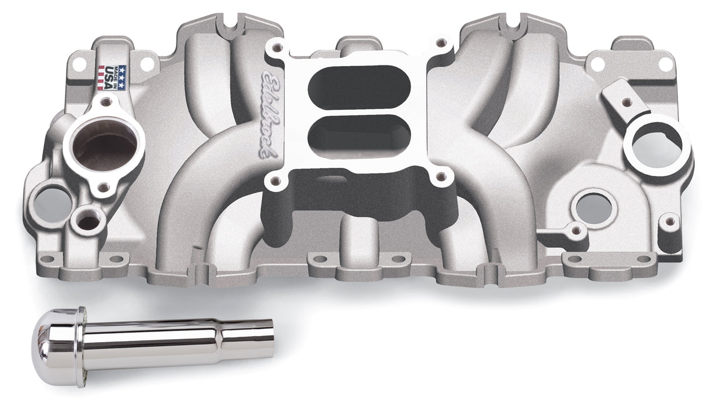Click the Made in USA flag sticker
point(110,76)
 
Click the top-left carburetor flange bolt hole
point(278,45)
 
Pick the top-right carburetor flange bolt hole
point(443,42)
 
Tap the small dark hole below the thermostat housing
point(89,220)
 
